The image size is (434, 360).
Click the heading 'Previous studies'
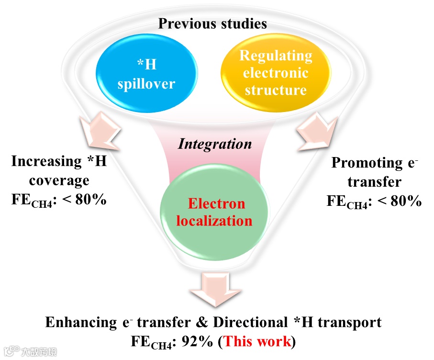(212, 23)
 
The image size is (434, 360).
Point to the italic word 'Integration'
(215, 144)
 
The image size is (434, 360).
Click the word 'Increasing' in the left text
(46, 161)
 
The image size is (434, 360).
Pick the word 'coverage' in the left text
(59, 180)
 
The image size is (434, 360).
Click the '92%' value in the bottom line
(196, 341)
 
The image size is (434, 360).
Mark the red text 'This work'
(257, 341)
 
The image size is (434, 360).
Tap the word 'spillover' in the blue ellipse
(146, 84)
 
